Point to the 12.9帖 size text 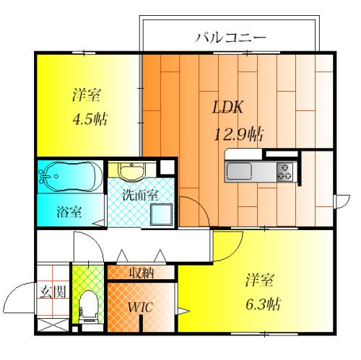(237, 133)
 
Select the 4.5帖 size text (90, 118)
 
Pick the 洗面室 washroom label (135, 195)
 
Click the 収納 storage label (141, 273)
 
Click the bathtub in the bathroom (68, 176)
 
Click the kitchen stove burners (284, 172)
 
